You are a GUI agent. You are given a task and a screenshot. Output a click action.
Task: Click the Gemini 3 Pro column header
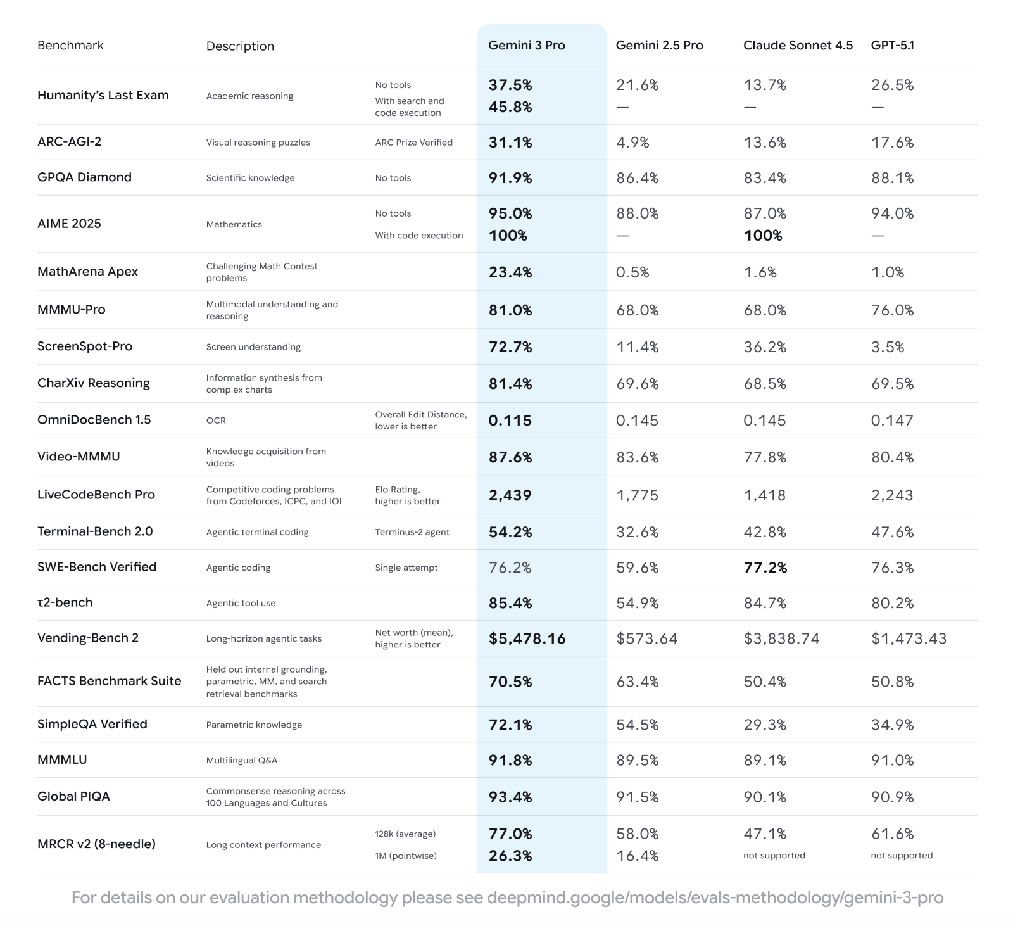point(526,46)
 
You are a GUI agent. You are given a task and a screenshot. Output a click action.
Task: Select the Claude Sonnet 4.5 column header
point(798,46)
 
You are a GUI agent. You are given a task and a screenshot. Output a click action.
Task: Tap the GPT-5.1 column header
point(892,46)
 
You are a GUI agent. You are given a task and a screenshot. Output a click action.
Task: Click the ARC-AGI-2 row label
point(69,142)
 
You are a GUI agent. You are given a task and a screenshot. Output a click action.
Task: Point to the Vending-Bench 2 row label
point(87,638)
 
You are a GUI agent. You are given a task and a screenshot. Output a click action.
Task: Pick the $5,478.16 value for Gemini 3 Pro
point(527,638)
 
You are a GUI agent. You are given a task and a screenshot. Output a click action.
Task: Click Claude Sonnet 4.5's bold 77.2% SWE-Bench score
point(765,568)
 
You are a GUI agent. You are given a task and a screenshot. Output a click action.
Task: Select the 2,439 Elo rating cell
point(510,495)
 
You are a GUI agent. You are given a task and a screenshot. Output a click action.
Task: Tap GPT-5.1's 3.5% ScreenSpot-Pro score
point(887,347)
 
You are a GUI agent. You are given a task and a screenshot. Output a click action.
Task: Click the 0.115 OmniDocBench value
point(510,421)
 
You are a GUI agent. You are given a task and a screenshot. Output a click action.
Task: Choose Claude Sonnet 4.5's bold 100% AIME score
point(763,236)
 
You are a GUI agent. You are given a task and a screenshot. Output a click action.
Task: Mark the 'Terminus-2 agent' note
point(412,532)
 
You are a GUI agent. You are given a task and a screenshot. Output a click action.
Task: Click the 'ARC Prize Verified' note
point(413,143)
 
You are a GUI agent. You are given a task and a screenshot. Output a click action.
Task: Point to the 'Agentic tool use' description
point(241,603)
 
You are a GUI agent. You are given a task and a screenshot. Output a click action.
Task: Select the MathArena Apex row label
point(87,272)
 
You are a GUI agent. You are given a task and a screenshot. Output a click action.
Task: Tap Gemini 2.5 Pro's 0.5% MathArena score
point(632,272)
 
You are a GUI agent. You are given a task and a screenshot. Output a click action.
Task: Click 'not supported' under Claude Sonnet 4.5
point(774,856)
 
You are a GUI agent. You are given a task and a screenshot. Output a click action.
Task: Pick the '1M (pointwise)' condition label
point(405,856)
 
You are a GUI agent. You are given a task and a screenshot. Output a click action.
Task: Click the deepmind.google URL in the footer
point(715,898)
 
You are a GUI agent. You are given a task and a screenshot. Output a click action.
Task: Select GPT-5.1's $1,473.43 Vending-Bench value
point(909,638)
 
